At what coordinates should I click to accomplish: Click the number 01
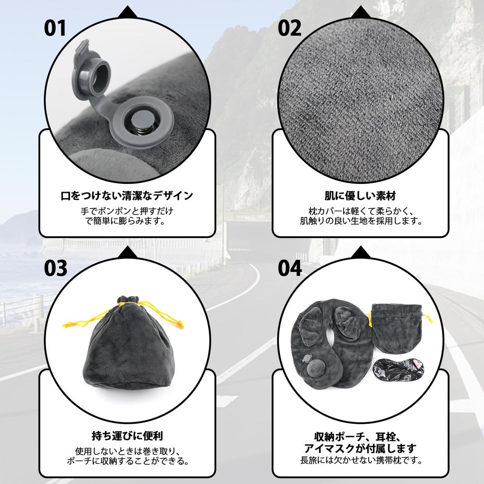click(x=56, y=28)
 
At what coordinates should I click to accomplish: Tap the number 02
click(x=289, y=28)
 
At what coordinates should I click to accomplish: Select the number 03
click(x=56, y=268)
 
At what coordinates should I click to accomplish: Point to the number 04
click(x=289, y=268)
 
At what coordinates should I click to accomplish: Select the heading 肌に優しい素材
click(x=360, y=195)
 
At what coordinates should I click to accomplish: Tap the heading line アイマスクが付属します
click(x=360, y=448)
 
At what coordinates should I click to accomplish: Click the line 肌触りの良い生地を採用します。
click(x=360, y=221)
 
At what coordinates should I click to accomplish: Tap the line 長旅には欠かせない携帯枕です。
click(x=360, y=459)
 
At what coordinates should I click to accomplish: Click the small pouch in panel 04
click(x=395, y=328)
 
